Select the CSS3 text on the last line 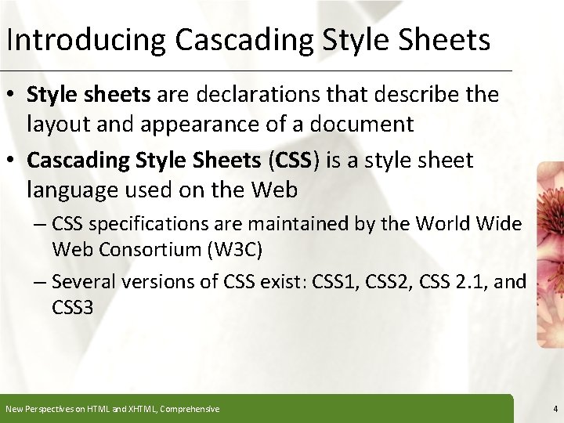[73, 307]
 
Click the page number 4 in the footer [555, 409]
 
